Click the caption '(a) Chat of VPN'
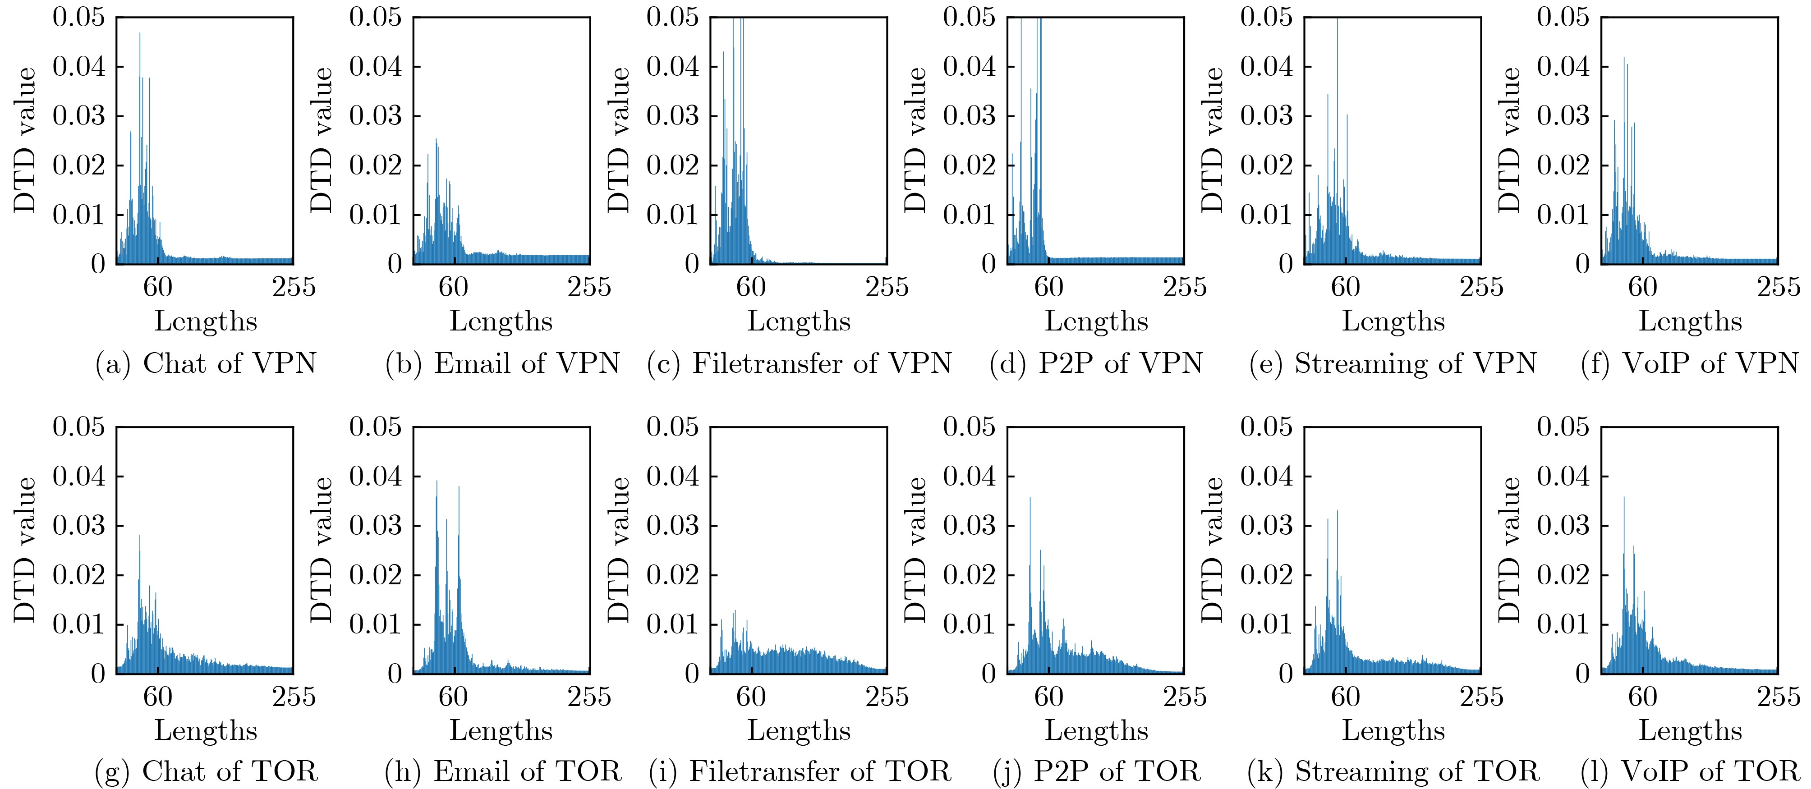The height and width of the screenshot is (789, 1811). [206, 364]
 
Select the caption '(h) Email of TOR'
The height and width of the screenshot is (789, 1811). [503, 771]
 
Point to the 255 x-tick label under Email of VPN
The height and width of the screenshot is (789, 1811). [589, 287]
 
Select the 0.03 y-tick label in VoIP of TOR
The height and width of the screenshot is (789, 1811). [1563, 526]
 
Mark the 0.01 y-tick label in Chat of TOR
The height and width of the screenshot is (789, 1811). [79, 624]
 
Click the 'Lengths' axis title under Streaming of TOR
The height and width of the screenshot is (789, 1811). [1393, 731]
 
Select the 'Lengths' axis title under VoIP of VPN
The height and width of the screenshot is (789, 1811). [1690, 322]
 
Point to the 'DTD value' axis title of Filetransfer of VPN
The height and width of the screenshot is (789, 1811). [619, 141]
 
